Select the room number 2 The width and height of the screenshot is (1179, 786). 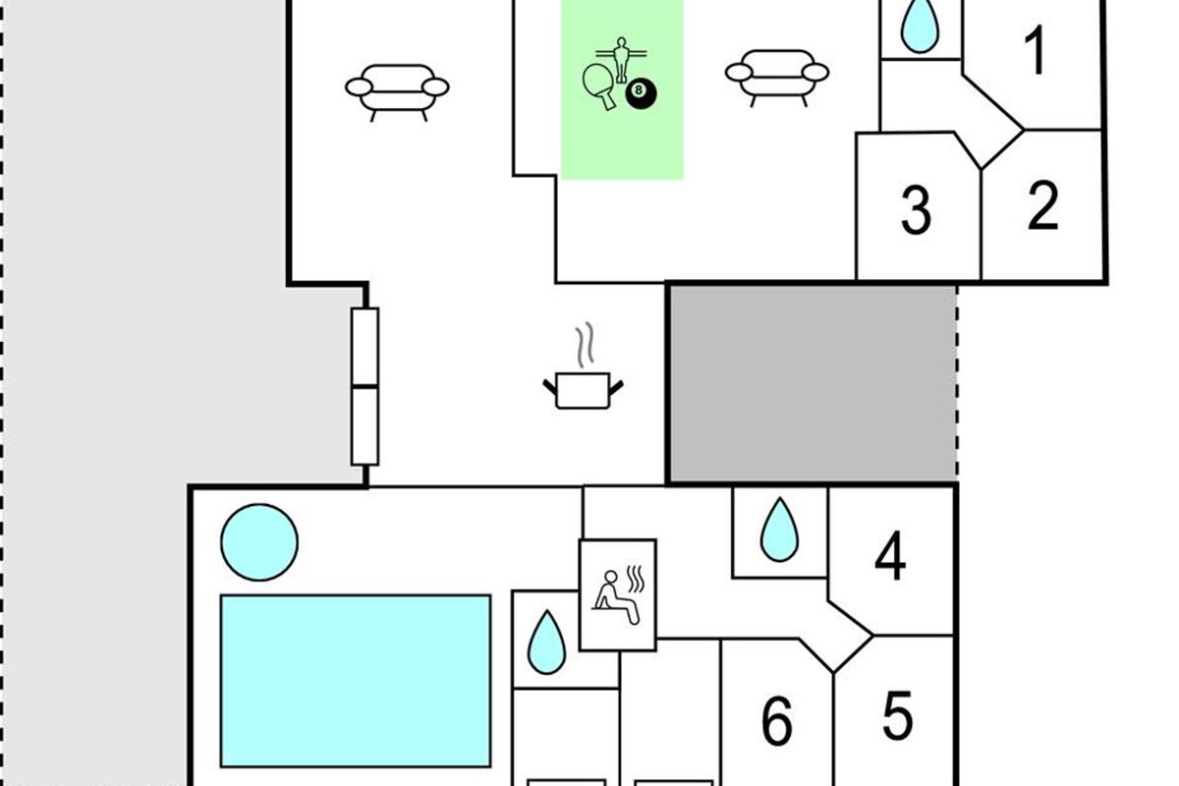pyautogui.click(x=1042, y=205)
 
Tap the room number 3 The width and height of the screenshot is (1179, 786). pyautogui.click(x=916, y=209)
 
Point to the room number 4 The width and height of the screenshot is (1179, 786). pyautogui.click(x=890, y=557)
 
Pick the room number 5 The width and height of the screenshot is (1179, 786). pyautogui.click(x=897, y=715)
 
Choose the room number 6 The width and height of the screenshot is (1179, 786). pyautogui.click(x=777, y=722)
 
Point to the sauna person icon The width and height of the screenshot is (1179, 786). pyautogui.click(x=617, y=595)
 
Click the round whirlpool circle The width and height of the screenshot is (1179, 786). pyautogui.click(x=259, y=541)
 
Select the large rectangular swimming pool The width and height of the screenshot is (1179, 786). pyautogui.click(x=356, y=680)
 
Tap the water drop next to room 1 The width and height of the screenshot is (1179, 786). pyautogui.click(x=920, y=27)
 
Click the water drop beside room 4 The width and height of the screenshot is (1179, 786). pyautogui.click(x=780, y=531)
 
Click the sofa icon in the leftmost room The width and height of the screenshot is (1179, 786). pyautogui.click(x=397, y=89)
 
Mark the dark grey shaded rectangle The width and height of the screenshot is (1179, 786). pyautogui.click(x=812, y=383)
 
